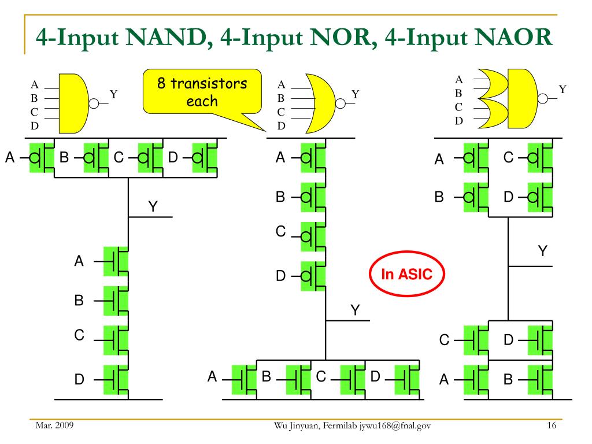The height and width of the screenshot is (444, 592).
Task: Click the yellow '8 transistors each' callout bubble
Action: (x=202, y=92)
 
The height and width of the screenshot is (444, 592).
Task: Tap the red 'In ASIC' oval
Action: (x=406, y=273)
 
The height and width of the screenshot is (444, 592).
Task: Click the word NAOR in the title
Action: (x=513, y=37)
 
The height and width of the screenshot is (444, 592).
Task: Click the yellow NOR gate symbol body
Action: (x=321, y=103)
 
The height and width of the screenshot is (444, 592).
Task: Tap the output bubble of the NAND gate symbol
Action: (x=94, y=103)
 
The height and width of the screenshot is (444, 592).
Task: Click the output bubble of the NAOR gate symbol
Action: (x=542, y=98)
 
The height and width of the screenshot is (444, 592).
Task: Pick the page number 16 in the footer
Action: (x=552, y=425)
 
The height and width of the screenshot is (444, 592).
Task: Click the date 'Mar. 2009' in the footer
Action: (x=54, y=425)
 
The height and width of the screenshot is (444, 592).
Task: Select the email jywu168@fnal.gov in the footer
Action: (x=395, y=426)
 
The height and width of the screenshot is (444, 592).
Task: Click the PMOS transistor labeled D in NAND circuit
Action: (x=205, y=157)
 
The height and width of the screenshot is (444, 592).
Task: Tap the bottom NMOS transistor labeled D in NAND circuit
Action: (x=116, y=380)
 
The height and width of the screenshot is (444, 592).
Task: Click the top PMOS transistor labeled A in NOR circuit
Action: (x=313, y=157)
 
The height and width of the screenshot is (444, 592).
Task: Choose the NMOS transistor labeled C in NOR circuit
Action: (x=353, y=380)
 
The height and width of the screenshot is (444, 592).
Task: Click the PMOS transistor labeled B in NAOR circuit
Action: (x=476, y=197)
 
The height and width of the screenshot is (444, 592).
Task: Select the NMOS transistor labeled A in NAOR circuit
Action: (x=476, y=380)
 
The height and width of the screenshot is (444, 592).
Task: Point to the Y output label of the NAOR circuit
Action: (x=542, y=251)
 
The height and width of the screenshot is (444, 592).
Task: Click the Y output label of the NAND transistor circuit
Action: (x=153, y=206)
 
